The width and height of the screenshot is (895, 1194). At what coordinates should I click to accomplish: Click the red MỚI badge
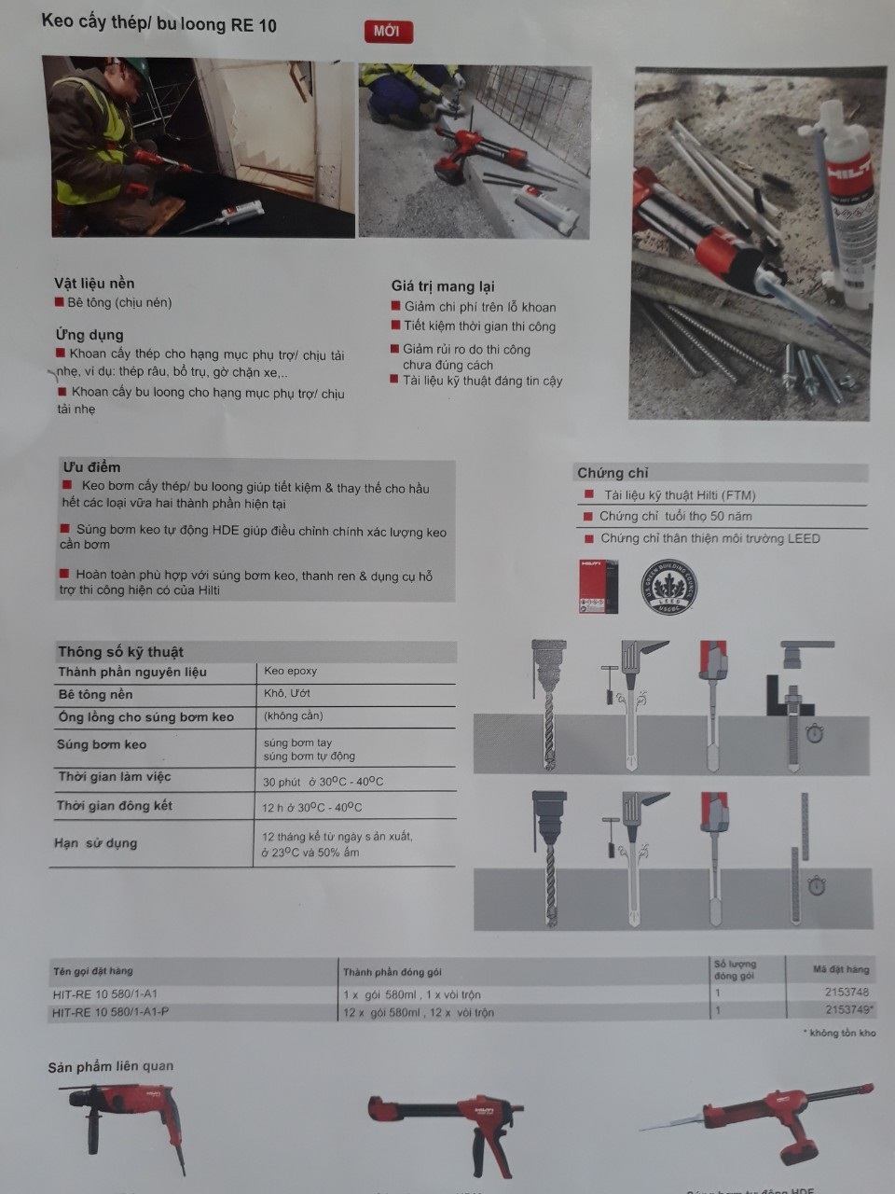pos(386,31)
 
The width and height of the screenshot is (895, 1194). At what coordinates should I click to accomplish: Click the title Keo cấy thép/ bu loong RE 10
pos(159,23)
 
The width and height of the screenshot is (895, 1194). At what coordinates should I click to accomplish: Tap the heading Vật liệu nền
pos(94,283)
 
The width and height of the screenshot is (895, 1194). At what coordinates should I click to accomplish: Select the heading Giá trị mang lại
pos(443,285)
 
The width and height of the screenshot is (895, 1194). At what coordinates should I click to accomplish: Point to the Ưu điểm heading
pos(91,466)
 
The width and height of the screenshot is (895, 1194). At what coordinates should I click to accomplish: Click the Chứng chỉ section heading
pos(613,473)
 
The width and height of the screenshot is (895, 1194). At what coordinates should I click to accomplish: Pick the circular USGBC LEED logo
pos(668,586)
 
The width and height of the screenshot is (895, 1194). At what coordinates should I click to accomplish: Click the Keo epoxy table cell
pos(291,671)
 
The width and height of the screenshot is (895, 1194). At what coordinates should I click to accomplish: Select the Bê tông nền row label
pos(95,694)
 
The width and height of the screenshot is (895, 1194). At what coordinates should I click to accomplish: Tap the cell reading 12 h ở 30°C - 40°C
pos(312,807)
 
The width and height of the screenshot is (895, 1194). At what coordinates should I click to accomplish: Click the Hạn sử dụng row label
pos(95,843)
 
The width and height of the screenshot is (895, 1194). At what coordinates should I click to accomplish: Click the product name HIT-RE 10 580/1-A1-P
pos(111,1012)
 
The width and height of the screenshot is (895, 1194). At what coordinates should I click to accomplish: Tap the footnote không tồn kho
pos(842,1033)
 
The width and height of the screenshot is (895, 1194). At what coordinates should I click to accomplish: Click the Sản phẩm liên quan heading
pos(111,1066)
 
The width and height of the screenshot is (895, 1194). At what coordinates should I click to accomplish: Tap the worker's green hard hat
pos(136,65)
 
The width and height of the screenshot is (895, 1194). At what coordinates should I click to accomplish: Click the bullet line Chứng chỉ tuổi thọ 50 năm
pos(675,516)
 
